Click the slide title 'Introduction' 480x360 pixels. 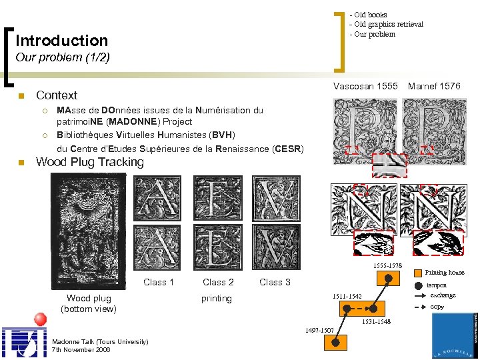coord(61,41)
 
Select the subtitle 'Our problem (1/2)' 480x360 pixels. coord(62,57)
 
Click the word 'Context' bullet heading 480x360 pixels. coord(57,95)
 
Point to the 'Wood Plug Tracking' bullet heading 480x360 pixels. coord(90,162)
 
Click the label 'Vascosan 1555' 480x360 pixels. coord(365,86)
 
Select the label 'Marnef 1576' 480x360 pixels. coord(434,86)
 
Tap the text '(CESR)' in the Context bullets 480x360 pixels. coord(287,149)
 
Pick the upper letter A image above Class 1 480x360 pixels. coord(157,198)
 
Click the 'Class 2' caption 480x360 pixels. coord(218,282)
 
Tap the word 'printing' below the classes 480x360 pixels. coord(217,299)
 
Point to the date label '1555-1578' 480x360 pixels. coord(387,266)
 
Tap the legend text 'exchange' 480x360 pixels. coord(443,295)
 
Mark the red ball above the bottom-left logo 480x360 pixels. coord(39,319)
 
